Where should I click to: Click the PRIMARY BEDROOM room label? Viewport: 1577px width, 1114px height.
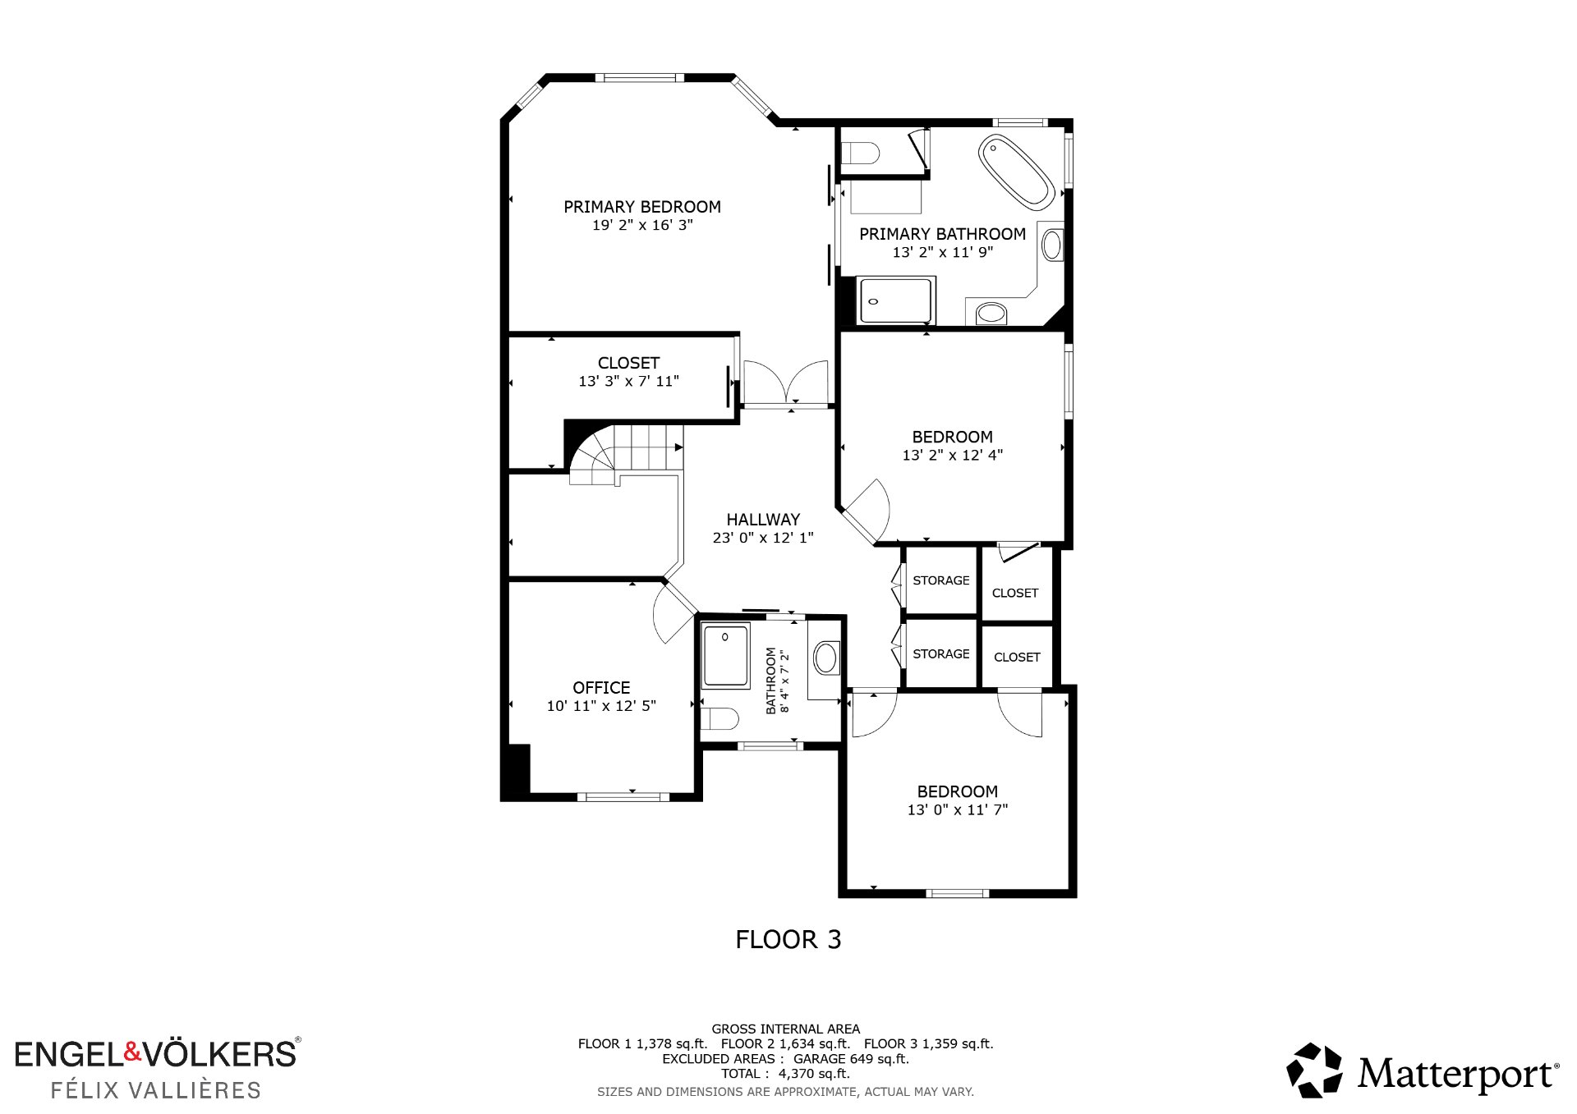click(642, 207)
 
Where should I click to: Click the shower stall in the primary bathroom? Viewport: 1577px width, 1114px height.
click(895, 300)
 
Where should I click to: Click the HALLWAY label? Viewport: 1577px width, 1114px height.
click(763, 520)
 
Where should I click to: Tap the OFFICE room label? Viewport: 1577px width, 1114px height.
click(601, 688)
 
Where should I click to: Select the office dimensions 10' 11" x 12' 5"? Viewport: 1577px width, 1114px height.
click(601, 706)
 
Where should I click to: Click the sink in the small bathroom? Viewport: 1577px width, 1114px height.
click(825, 658)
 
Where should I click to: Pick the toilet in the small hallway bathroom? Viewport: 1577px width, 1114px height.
click(720, 718)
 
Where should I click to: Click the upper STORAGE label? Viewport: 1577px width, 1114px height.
click(941, 580)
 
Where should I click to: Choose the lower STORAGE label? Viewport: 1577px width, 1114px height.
click(941, 654)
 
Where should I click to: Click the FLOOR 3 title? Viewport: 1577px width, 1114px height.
click(788, 939)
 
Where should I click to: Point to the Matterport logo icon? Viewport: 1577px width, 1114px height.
click(1314, 1070)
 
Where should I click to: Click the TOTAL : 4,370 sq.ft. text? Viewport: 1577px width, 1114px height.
click(785, 1074)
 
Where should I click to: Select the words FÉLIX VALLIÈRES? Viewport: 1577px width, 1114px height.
click(156, 1090)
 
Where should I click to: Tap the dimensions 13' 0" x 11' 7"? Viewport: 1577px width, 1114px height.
click(958, 809)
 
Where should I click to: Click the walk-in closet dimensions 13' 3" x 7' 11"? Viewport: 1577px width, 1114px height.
click(629, 381)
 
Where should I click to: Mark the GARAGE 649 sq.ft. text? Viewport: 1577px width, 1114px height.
click(851, 1059)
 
